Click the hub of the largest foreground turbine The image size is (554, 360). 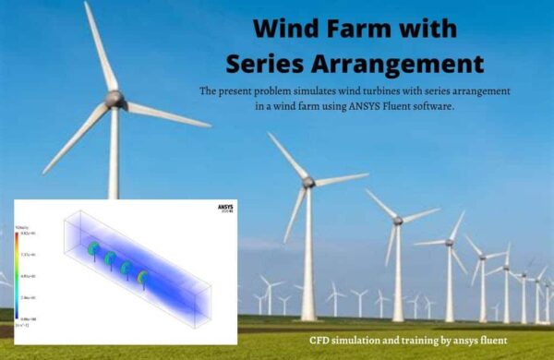tap(114, 98)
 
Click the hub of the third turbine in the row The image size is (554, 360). tap(398, 222)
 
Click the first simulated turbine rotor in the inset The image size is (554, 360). tap(92, 250)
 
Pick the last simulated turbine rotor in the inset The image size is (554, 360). tap(142, 276)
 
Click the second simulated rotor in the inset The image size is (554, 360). tap(109, 258)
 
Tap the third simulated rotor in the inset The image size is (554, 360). tap(126, 268)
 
